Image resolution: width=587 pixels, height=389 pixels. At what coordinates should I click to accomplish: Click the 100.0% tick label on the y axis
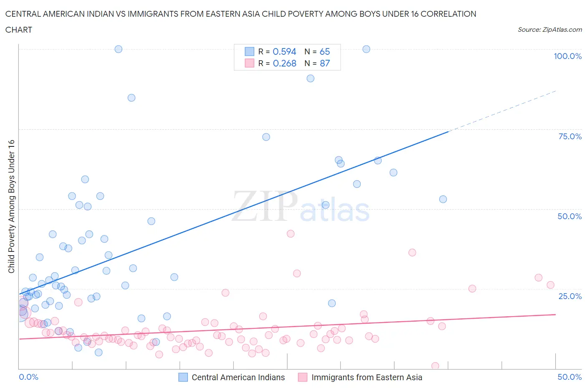coord(567,56)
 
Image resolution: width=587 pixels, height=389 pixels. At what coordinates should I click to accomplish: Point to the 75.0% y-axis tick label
coord(570,136)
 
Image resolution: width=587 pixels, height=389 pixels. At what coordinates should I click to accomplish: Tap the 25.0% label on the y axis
coord(570,296)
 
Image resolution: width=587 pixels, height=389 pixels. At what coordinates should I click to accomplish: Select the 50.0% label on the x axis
coord(569,377)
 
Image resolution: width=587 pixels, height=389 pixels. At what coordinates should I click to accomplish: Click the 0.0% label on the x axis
coord(29,377)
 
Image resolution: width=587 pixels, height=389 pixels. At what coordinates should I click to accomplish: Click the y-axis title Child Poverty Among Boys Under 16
coord(12,206)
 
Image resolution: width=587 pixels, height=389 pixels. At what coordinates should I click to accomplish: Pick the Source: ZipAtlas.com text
coord(549,29)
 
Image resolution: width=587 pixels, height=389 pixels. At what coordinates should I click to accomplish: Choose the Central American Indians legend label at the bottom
coord(238,377)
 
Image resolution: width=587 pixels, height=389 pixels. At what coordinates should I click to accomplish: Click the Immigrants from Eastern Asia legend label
coord(367,377)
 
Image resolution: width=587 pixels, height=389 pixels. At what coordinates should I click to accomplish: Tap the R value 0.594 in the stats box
coord(284,51)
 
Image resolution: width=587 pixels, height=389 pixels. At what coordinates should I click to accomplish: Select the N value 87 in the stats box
coord(325,63)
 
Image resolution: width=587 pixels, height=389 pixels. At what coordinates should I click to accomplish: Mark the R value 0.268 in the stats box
coord(284,63)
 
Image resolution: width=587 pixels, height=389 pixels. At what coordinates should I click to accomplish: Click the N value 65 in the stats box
coord(325,51)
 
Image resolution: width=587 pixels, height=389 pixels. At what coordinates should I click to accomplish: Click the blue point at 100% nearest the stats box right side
coord(366,49)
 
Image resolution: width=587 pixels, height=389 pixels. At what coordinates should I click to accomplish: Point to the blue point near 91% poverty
coord(310,78)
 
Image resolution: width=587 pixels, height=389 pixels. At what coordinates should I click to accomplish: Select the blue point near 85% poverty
coord(131,97)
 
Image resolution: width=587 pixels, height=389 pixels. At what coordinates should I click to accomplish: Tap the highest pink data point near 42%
coord(291,234)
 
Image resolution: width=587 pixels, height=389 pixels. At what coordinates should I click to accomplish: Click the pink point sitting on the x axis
coord(435,366)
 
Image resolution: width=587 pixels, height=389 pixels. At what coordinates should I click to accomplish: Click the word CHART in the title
coord(19,30)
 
